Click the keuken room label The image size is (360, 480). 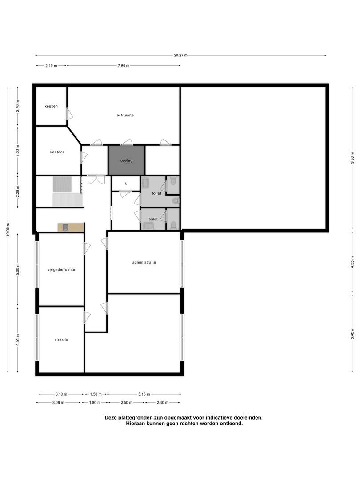(x=51, y=106)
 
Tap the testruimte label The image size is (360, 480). (x=124, y=116)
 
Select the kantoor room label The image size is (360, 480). (x=57, y=152)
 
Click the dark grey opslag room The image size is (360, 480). (x=126, y=160)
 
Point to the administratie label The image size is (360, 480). (x=144, y=262)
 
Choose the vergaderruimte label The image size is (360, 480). (x=61, y=270)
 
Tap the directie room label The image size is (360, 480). (x=61, y=340)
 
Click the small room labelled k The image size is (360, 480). (x=125, y=184)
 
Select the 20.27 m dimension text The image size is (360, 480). (x=180, y=56)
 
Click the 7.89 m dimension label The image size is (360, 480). (x=124, y=66)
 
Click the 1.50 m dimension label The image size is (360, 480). (x=96, y=394)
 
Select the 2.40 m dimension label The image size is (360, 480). (x=162, y=403)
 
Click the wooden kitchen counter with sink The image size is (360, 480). (x=71, y=227)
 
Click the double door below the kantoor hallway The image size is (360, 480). (x=96, y=180)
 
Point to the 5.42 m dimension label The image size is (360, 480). (x=352, y=333)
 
